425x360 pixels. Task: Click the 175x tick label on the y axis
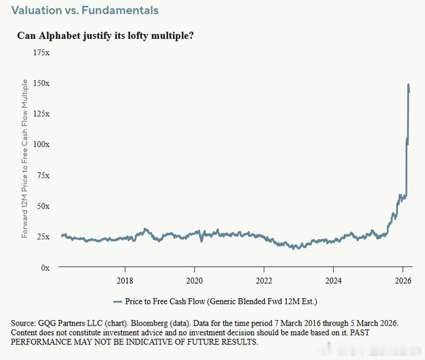(x=41, y=52)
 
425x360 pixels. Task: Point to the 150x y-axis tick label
(x=41, y=83)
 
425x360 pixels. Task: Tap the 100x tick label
(x=41, y=144)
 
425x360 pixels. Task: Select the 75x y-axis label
(x=43, y=176)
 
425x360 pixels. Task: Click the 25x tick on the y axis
(x=43, y=237)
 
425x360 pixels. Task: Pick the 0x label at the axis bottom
(x=45, y=267)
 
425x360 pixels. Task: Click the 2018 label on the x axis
(x=125, y=281)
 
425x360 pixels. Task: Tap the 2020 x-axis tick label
(x=194, y=281)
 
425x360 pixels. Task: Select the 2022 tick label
(x=264, y=281)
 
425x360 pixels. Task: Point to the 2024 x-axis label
(x=333, y=281)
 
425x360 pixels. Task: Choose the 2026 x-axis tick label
(x=403, y=281)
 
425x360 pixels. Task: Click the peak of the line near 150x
(x=409, y=84)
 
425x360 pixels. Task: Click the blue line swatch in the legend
(x=117, y=302)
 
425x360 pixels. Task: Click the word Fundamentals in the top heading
(x=120, y=10)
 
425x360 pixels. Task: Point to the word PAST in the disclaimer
(x=359, y=332)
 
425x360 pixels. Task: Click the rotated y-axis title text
(x=24, y=159)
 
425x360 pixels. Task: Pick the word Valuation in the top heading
(x=37, y=10)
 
